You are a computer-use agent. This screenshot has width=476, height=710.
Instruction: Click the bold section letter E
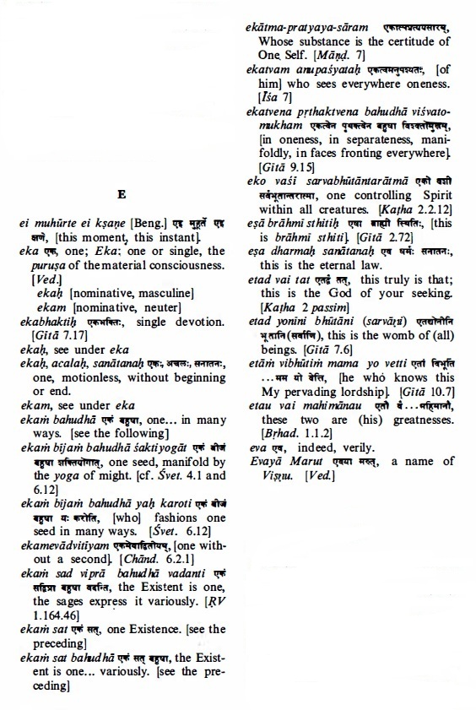click(x=122, y=196)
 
